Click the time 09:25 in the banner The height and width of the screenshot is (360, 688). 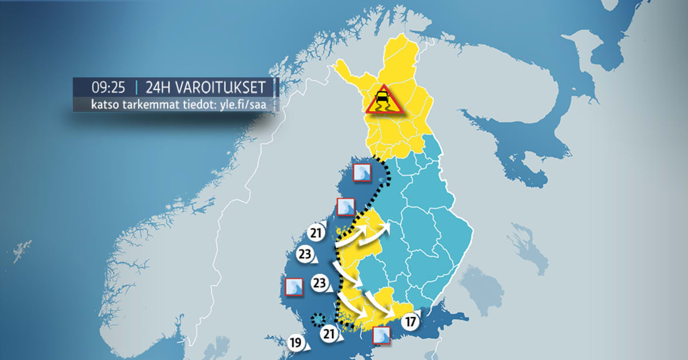tap(108, 88)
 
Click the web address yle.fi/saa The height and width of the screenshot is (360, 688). tap(244, 105)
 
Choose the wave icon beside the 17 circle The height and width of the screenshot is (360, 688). tap(381, 335)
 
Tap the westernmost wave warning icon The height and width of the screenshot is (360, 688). tap(294, 287)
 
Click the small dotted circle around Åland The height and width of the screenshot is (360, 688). tap(316, 319)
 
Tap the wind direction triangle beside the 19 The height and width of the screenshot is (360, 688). tap(307, 347)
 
